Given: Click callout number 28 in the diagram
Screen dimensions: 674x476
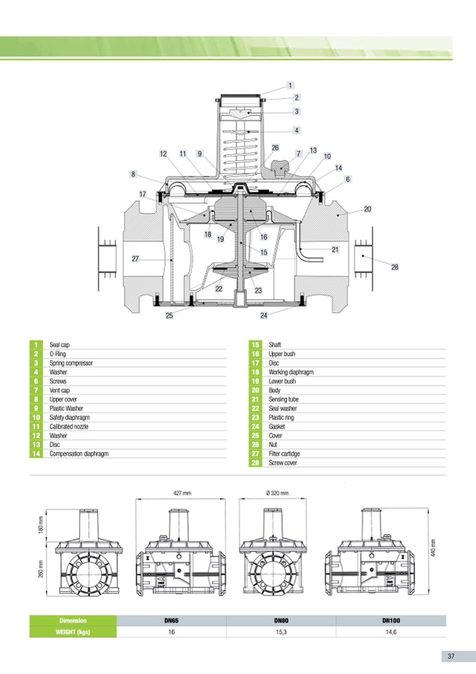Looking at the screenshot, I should [x=395, y=267].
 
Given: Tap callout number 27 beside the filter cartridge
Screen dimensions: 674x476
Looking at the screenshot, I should [x=135, y=259].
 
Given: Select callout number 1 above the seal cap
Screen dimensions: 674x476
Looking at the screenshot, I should [x=290, y=86].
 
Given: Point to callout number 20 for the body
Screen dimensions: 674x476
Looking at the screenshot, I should [x=367, y=209].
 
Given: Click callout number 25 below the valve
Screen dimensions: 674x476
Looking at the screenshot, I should [x=169, y=316].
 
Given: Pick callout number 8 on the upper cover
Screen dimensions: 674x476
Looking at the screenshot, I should [x=132, y=174].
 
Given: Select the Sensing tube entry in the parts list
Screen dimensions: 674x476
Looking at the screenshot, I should [x=283, y=399].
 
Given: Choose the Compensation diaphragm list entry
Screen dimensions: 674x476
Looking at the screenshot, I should [x=79, y=453].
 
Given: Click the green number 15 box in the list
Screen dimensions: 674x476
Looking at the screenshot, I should [x=255, y=346].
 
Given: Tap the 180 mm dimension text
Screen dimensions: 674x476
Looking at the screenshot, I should [x=41, y=524].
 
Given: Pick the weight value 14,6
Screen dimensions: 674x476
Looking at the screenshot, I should [x=390, y=632].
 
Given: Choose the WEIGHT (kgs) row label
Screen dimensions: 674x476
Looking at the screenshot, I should [x=72, y=632].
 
